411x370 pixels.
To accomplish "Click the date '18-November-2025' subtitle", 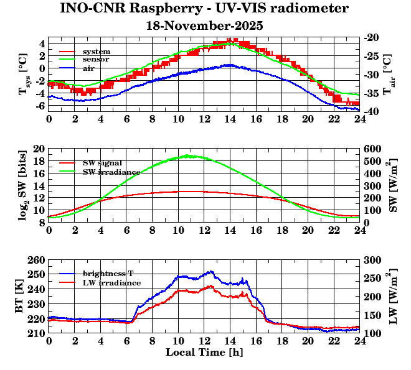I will point(204,26).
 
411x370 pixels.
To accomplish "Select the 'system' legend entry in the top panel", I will point(96,52).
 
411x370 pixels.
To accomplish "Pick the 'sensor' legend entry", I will point(96,60).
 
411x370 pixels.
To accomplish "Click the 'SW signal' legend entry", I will point(102,163).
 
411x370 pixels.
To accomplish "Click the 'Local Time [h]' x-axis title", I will point(204,352).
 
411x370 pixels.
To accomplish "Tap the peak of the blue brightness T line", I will point(212,271).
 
